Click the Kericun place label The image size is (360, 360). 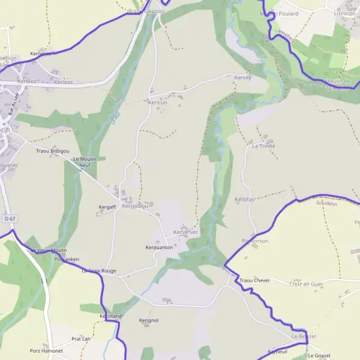(x=157, y=103)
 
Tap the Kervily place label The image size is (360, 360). (x=243, y=77)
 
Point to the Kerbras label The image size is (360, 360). (x=245, y=199)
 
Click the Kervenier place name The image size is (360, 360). (x=185, y=232)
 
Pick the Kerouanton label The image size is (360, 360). (x=160, y=247)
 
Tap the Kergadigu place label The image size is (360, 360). (x=135, y=206)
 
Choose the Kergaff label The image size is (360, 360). (x=107, y=207)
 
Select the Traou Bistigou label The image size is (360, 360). (x=53, y=151)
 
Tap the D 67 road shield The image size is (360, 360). (x=8, y=220)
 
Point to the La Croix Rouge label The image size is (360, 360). (x=98, y=271)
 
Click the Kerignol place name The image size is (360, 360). (x=148, y=320)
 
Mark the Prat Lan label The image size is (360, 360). (x=81, y=338)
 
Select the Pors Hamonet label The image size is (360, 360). (x=46, y=350)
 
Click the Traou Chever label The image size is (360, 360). (x=254, y=281)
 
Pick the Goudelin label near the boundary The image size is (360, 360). (x=326, y=203)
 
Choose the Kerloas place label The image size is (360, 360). (x=64, y=81)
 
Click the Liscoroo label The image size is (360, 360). (x=345, y=12)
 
